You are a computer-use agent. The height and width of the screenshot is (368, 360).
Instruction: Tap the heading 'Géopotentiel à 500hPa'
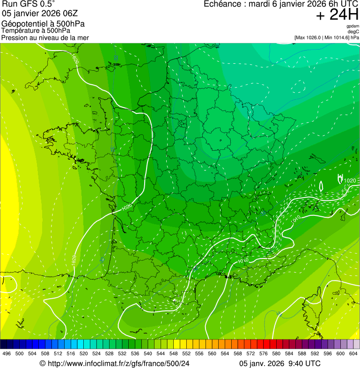click(x=43, y=24)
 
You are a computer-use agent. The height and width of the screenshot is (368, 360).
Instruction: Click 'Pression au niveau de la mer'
click(x=45, y=37)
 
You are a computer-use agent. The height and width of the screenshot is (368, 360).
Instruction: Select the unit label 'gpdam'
click(x=353, y=26)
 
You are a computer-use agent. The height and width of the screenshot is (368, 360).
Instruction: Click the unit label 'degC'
click(x=354, y=32)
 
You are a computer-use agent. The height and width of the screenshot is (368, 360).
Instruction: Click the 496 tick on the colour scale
click(x=7, y=353)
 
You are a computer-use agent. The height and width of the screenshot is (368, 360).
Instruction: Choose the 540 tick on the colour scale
click(x=148, y=353)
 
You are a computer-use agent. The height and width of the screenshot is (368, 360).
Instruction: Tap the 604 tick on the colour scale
click(x=353, y=353)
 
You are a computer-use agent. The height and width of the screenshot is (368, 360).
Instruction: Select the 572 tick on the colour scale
click(x=250, y=353)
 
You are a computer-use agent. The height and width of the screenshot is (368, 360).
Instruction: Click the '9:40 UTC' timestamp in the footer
click(x=305, y=363)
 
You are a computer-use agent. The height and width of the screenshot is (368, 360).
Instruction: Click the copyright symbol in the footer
click(x=42, y=363)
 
